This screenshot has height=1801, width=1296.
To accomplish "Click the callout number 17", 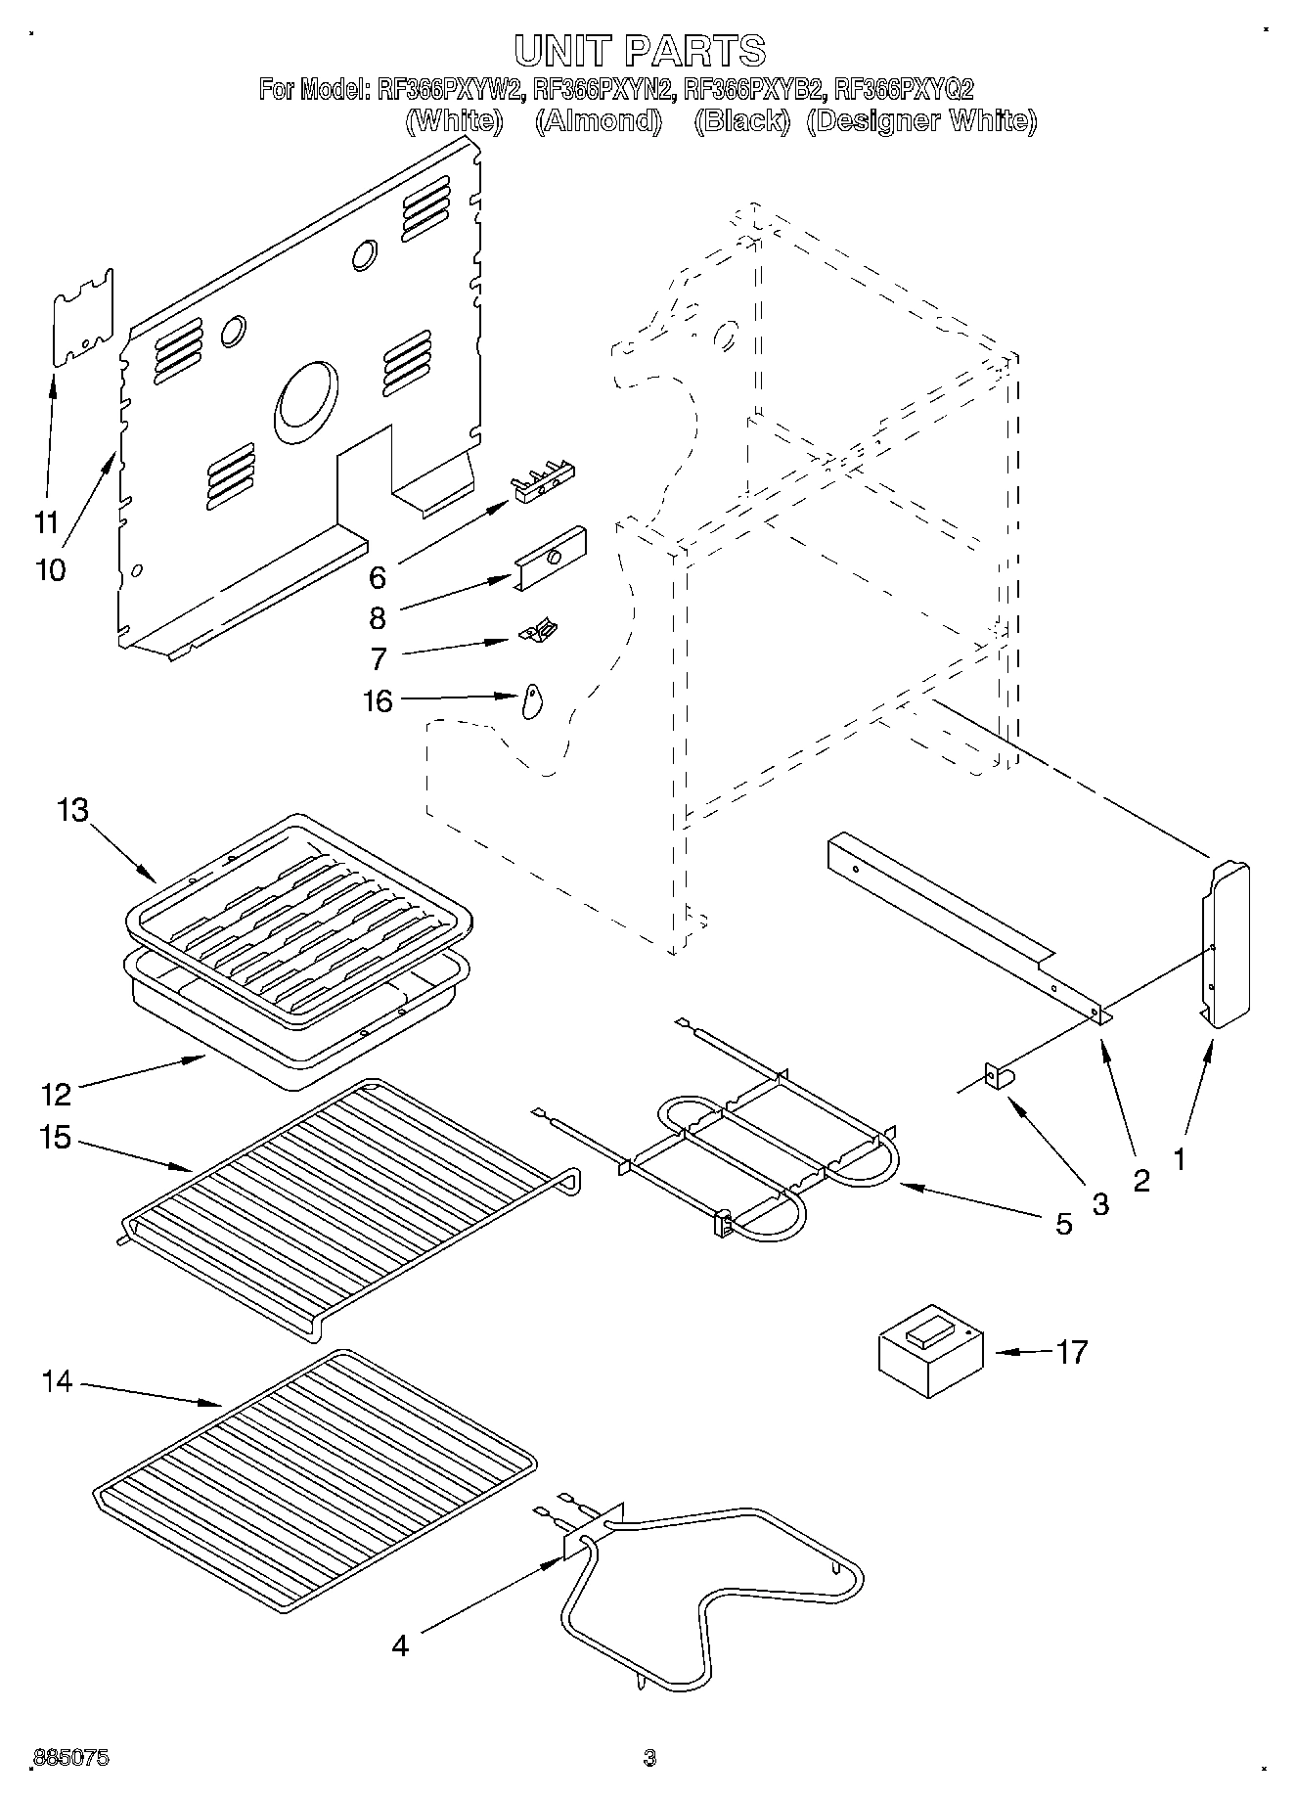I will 1072,1352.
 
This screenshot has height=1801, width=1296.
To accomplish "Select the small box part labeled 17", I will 930,1349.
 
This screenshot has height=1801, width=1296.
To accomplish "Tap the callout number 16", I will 378,700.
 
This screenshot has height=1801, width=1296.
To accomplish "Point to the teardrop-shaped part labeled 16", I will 533,699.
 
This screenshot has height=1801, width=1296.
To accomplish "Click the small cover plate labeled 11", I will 82,318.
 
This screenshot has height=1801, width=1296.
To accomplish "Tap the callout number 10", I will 50,569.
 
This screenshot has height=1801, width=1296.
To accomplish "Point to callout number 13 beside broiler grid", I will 72,810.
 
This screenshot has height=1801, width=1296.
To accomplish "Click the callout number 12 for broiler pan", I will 57,1092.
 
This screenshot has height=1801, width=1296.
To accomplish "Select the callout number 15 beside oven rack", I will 57,1138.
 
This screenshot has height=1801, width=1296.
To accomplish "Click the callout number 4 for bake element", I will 399,1645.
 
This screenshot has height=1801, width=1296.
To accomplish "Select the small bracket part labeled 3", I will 999,1077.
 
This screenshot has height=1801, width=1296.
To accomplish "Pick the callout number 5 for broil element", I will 1064,1223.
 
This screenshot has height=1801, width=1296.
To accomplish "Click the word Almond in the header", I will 599,120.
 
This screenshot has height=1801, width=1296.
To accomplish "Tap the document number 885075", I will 70,1758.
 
